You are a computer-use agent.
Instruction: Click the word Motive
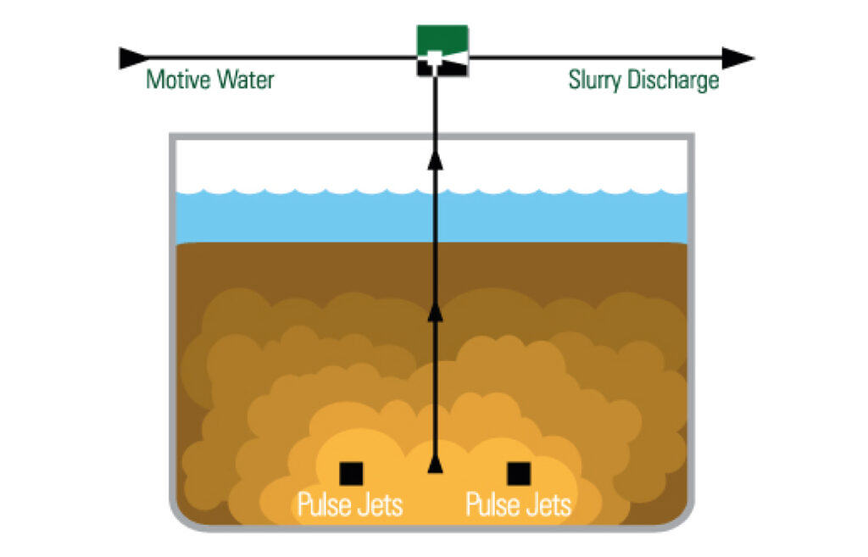(175, 81)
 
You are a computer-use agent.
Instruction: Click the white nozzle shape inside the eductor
(435, 58)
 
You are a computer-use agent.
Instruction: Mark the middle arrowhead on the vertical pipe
(435, 315)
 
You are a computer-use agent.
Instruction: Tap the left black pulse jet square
(350, 473)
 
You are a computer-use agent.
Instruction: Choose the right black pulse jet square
(518, 473)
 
